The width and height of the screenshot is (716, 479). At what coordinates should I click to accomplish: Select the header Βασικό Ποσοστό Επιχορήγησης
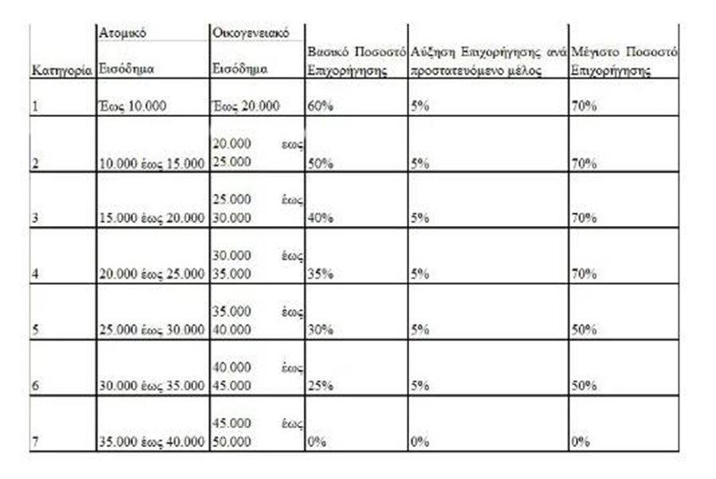pyautogui.click(x=356, y=60)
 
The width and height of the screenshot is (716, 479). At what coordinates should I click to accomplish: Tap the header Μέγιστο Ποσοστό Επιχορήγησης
pyautogui.click(x=624, y=60)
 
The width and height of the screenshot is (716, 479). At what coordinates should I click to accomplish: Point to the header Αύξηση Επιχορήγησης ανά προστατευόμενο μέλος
pyautogui.click(x=488, y=60)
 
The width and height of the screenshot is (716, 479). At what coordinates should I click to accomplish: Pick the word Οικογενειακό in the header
pyautogui.click(x=250, y=33)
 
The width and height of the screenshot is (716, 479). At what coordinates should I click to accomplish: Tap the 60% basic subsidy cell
pyautogui.click(x=320, y=105)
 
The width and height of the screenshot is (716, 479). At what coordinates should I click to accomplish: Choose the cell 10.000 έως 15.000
pyautogui.click(x=151, y=163)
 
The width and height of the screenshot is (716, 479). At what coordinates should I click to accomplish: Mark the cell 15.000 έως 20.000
pyautogui.click(x=151, y=218)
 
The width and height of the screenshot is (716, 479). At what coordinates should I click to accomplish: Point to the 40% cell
pyautogui.click(x=320, y=218)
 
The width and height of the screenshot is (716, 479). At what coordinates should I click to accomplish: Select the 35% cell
pyautogui.click(x=320, y=274)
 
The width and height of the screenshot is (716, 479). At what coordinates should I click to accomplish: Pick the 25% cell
pyautogui.click(x=320, y=386)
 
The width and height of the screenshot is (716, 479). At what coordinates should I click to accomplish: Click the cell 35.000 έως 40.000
pyautogui.click(x=151, y=442)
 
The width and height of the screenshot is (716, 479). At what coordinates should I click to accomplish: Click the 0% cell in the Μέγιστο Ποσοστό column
pyautogui.click(x=581, y=442)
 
